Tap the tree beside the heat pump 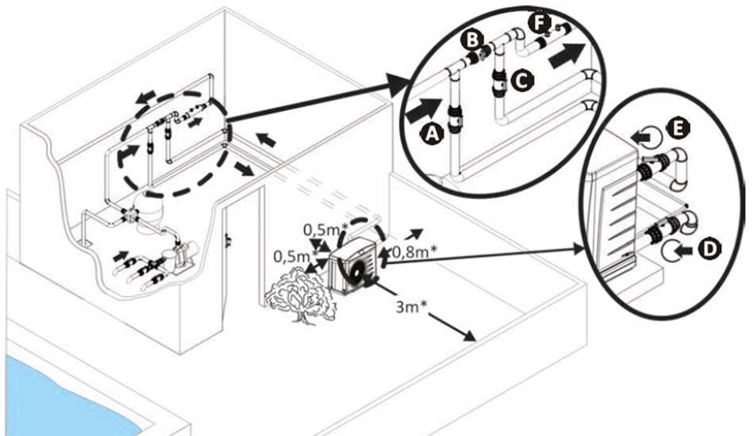pyautogui.click(x=299, y=293)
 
